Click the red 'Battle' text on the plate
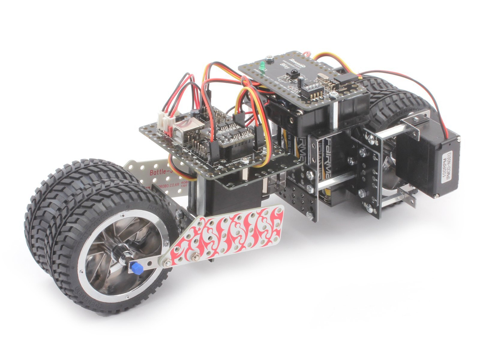click(x=160, y=171)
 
